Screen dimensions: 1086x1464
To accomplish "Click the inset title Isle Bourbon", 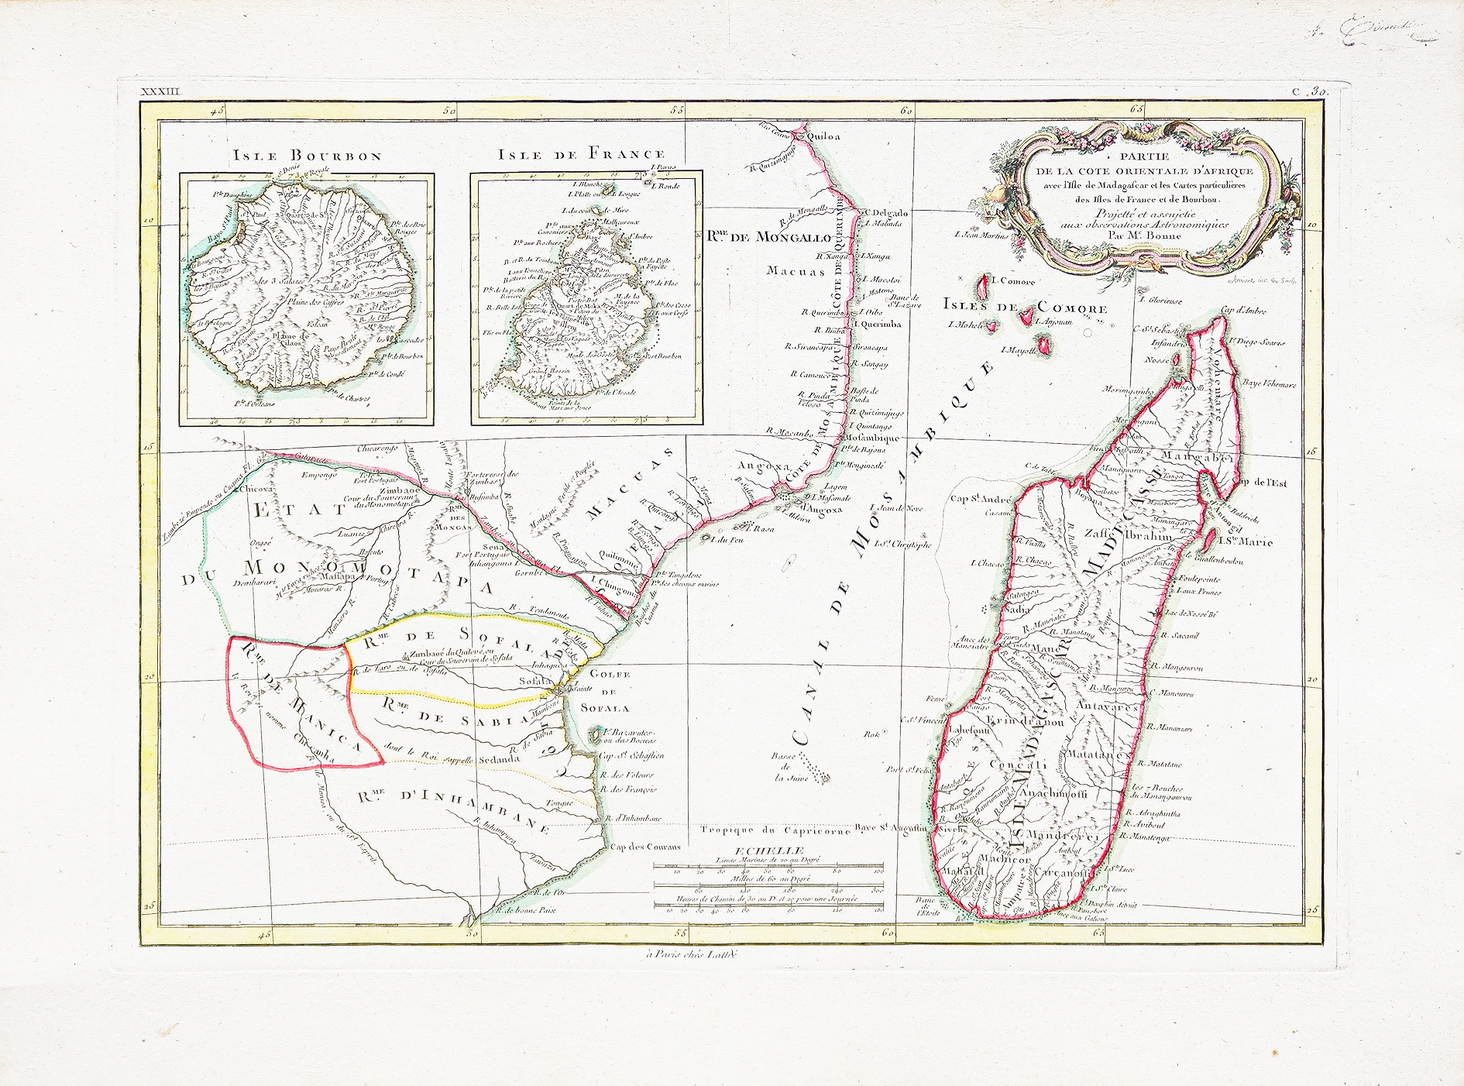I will pyautogui.click(x=308, y=156).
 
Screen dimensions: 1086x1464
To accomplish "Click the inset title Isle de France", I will pyautogui.click(x=582, y=154).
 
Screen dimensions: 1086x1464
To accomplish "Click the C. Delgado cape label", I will pyautogui.click(x=887, y=212).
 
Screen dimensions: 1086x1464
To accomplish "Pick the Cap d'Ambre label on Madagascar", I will pyautogui.click(x=1243, y=311).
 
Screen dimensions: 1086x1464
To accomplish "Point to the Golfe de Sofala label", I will pyautogui.click(x=610, y=691).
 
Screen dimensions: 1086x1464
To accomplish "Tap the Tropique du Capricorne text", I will pyautogui.click(x=775, y=830).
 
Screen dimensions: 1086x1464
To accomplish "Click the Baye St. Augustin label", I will pyautogui.click(x=893, y=828).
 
